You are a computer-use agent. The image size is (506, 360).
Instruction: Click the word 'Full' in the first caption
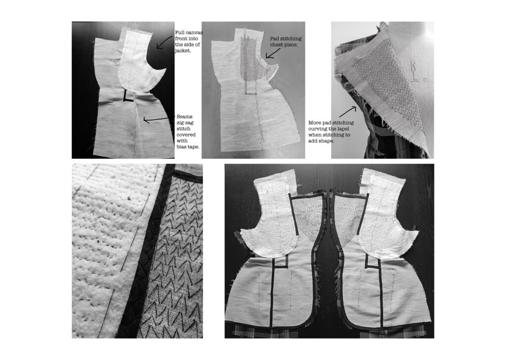180,33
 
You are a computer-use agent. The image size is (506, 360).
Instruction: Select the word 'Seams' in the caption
185,117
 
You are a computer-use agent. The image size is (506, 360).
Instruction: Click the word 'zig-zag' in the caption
185,123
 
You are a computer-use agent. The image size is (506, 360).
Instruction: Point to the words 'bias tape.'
188,146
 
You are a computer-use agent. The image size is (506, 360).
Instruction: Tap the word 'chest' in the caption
278,45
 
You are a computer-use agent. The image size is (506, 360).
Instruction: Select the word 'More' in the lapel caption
314,123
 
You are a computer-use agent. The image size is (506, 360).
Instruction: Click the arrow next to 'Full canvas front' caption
164,43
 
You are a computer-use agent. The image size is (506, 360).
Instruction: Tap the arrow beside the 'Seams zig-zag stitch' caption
156,120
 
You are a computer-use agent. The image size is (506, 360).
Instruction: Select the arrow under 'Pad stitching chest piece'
272,54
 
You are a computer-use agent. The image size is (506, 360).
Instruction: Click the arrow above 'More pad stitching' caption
347,112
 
